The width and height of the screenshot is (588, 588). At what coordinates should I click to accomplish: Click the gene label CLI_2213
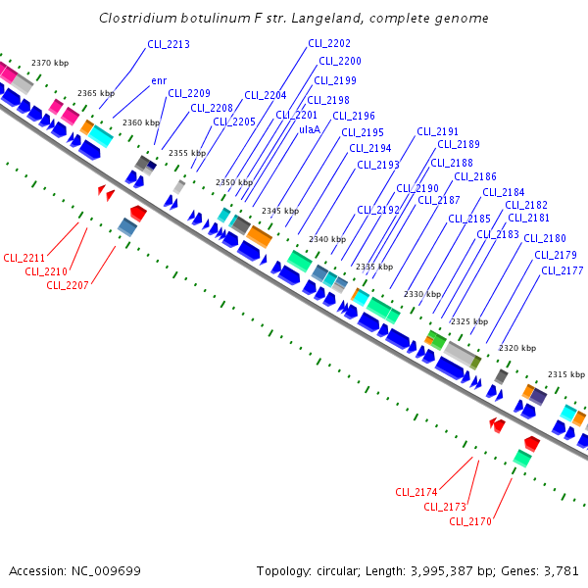tap(168, 45)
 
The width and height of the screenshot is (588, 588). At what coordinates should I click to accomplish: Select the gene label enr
tap(159, 80)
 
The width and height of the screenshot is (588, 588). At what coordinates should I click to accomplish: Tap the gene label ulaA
tap(310, 128)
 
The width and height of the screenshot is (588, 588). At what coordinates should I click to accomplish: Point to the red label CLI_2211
tap(24, 258)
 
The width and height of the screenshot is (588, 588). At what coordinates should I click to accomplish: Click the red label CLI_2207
tap(68, 285)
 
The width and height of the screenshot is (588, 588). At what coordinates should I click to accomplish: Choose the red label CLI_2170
tap(470, 521)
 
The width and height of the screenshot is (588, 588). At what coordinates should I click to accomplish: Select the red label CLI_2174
tap(416, 492)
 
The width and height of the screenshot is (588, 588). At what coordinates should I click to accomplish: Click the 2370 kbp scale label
tap(49, 63)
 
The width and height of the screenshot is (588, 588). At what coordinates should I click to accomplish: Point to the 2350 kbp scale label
tap(234, 182)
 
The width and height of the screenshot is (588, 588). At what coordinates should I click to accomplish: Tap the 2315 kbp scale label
tap(565, 374)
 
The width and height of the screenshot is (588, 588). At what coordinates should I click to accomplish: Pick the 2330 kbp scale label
tap(422, 294)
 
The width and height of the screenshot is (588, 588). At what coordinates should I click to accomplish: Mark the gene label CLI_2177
tap(562, 270)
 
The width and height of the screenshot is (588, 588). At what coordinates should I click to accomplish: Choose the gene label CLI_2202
tap(328, 44)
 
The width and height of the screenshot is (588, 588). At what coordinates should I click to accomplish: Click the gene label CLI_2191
tap(437, 131)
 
